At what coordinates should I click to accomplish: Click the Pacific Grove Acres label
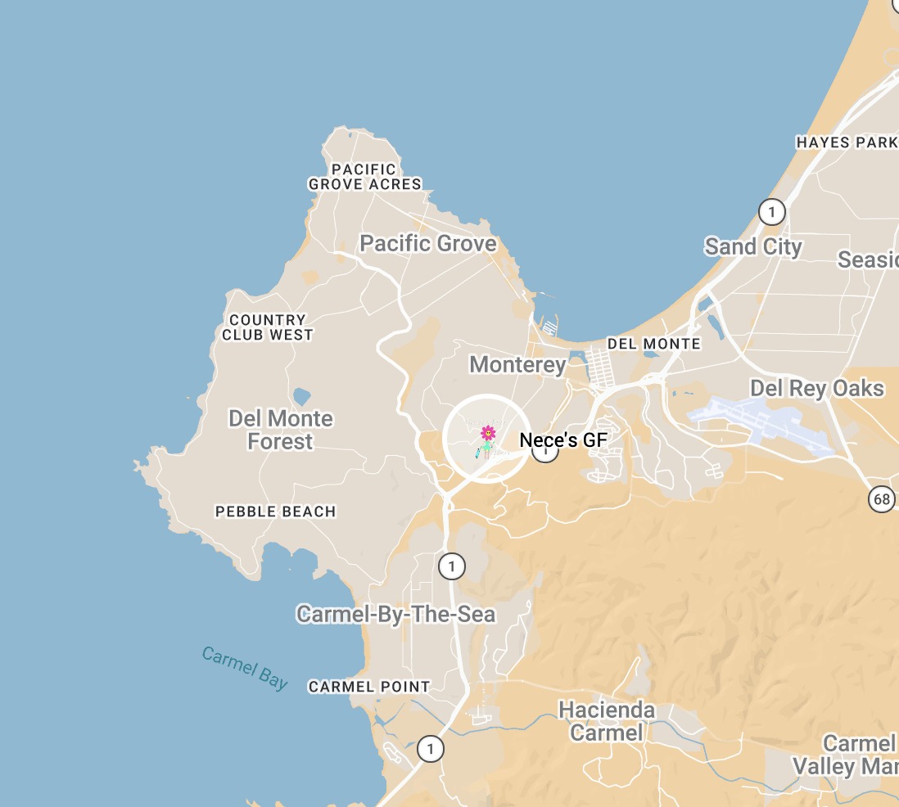pyautogui.click(x=365, y=177)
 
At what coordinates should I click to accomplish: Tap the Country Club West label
pyautogui.click(x=268, y=327)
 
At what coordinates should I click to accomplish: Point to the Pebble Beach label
pyautogui.click(x=275, y=512)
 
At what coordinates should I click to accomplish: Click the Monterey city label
pyautogui.click(x=517, y=364)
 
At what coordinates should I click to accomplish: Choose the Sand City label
pyautogui.click(x=753, y=246)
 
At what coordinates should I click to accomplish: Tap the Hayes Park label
pyautogui.click(x=847, y=142)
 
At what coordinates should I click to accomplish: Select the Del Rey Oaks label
pyautogui.click(x=817, y=388)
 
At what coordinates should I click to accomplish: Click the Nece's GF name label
pyautogui.click(x=563, y=440)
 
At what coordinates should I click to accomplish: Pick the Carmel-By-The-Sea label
pyautogui.click(x=396, y=614)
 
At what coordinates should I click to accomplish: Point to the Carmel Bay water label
pyautogui.click(x=245, y=668)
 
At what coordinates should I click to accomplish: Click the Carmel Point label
pyautogui.click(x=369, y=687)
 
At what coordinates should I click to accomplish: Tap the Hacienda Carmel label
pyautogui.click(x=607, y=721)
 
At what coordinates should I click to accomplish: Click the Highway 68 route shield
pyautogui.click(x=881, y=498)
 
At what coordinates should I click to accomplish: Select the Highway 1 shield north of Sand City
pyautogui.click(x=771, y=213)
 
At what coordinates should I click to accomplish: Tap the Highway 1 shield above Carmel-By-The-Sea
pyautogui.click(x=451, y=566)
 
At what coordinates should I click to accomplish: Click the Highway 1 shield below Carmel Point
pyautogui.click(x=431, y=748)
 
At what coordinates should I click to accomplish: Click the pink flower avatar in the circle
pyautogui.click(x=488, y=433)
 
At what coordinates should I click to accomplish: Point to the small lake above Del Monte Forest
pyautogui.click(x=301, y=397)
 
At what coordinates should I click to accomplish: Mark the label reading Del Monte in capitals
pyautogui.click(x=653, y=344)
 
